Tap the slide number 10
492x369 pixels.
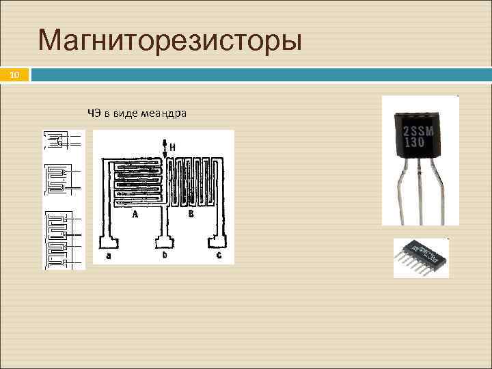pyautogui.click(x=15, y=74)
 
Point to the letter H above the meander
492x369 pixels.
pyautogui.click(x=172, y=147)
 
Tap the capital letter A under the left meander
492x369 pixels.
pyautogui.click(x=135, y=214)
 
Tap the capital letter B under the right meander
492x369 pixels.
pyautogui.click(x=191, y=214)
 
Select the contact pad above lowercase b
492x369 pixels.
pyautogui.click(x=165, y=242)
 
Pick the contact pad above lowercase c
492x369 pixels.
pyautogui.click(x=218, y=242)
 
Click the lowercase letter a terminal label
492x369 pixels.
pyautogui.click(x=109, y=256)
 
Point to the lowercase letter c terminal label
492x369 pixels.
pyautogui.click(x=218, y=256)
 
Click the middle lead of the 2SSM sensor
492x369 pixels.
pyautogui.click(x=419, y=195)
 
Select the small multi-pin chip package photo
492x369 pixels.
pyautogui.click(x=420, y=258)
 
